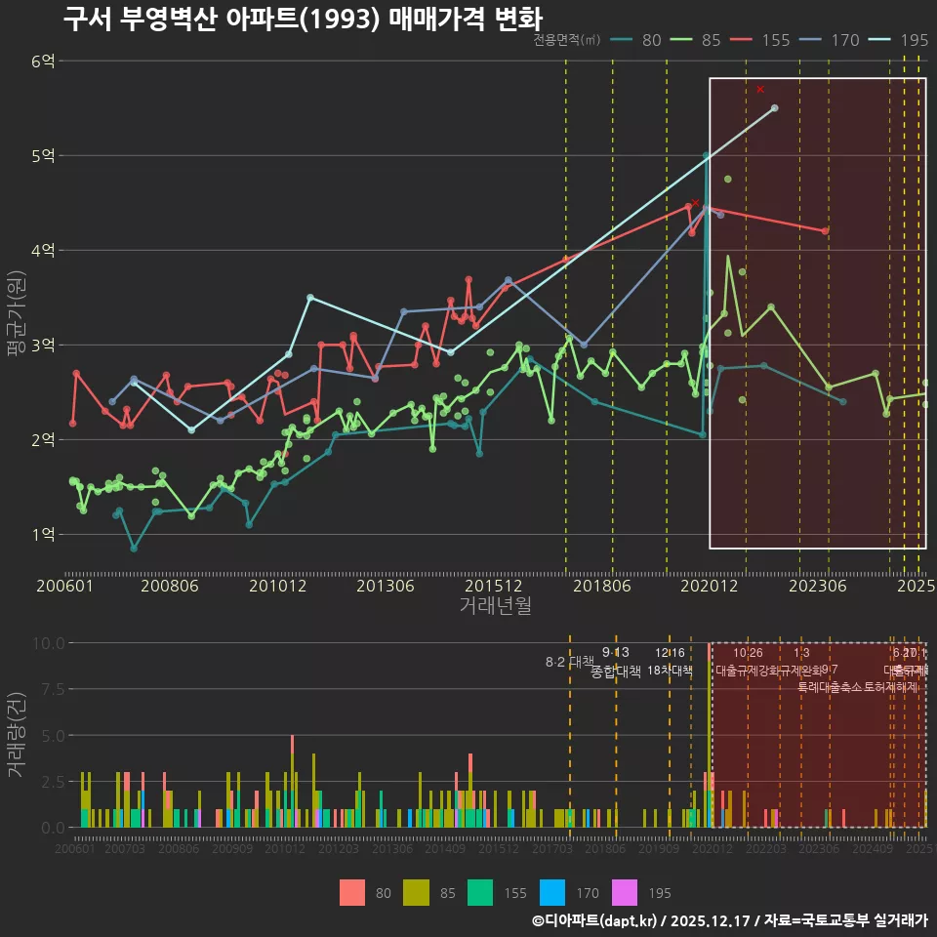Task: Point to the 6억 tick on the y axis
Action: click(x=43, y=61)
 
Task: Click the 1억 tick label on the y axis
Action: click(x=43, y=534)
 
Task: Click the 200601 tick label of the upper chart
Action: click(x=64, y=586)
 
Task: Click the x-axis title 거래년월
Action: click(x=495, y=606)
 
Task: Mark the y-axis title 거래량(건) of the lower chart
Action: click(x=16, y=734)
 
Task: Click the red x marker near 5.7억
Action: click(x=760, y=89)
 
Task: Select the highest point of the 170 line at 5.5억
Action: click(x=774, y=108)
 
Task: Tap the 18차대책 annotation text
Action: click(x=670, y=671)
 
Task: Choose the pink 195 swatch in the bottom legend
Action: click(x=624, y=892)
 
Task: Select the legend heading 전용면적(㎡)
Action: click(x=567, y=41)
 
